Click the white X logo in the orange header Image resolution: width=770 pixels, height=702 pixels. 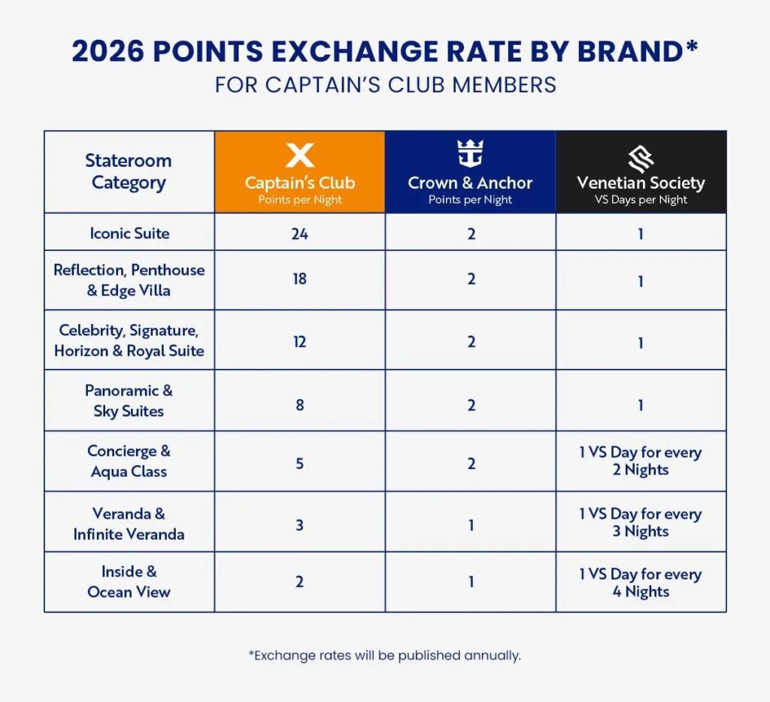pyautogui.click(x=299, y=156)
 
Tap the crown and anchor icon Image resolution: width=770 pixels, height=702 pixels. pyautogui.click(x=470, y=154)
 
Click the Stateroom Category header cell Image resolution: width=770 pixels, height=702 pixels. pyautogui.click(x=129, y=171)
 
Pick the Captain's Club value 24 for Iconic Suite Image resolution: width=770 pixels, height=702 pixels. pyautogui.click(x=299, y=233)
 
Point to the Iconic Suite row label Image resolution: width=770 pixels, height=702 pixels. pyautogui.click(x=129, y=233)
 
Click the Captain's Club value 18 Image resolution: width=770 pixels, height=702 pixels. pyautogui.click(x=299, y=280)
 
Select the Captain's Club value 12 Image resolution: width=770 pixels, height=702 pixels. pyautogui.click(x=299, y=341)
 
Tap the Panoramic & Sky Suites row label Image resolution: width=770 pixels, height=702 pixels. pyautogui.click(x=129, y=401)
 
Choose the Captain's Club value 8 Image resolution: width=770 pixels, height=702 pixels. pyautogui.click(x=299, y=405)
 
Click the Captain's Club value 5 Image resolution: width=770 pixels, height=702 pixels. pyautogui.click(x=299, y=463)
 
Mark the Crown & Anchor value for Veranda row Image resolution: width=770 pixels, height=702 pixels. pyautogui.click(x=471, y=525)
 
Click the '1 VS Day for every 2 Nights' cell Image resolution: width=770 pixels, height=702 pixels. pyautogui.click(x=641, y=461)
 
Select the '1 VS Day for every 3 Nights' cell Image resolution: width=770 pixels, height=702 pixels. pyautogui.click(x=641, y=522)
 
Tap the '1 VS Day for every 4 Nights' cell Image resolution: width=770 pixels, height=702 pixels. pyautogui.click(x=641, y=582)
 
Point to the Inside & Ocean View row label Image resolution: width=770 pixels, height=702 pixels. pyautogui.click(x=129, y=582)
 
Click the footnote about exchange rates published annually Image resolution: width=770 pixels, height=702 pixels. pyautogui.click(x=384, y=655)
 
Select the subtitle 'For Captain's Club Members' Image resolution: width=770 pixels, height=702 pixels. pyautogui.click(x=385, y=84)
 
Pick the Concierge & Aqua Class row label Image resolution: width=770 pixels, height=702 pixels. pyautogui.click(x=129, y=461)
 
